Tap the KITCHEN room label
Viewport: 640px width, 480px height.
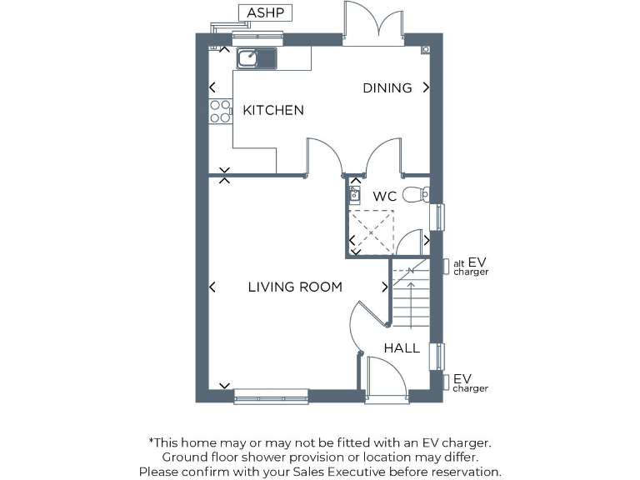pos(272,110)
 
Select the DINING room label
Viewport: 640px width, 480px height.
pos(387,87)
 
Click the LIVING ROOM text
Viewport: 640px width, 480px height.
pos(295,287)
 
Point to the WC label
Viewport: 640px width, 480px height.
pos(384,197)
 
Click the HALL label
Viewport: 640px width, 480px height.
pos(402,347)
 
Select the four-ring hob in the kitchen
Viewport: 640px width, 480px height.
pos(220,111)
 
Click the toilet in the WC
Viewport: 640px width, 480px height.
pos(415,195)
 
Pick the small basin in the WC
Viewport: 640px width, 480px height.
pos(353,196)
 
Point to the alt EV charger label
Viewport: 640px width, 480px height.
pos(470,267)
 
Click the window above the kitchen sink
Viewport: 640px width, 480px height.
pos(257,37)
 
